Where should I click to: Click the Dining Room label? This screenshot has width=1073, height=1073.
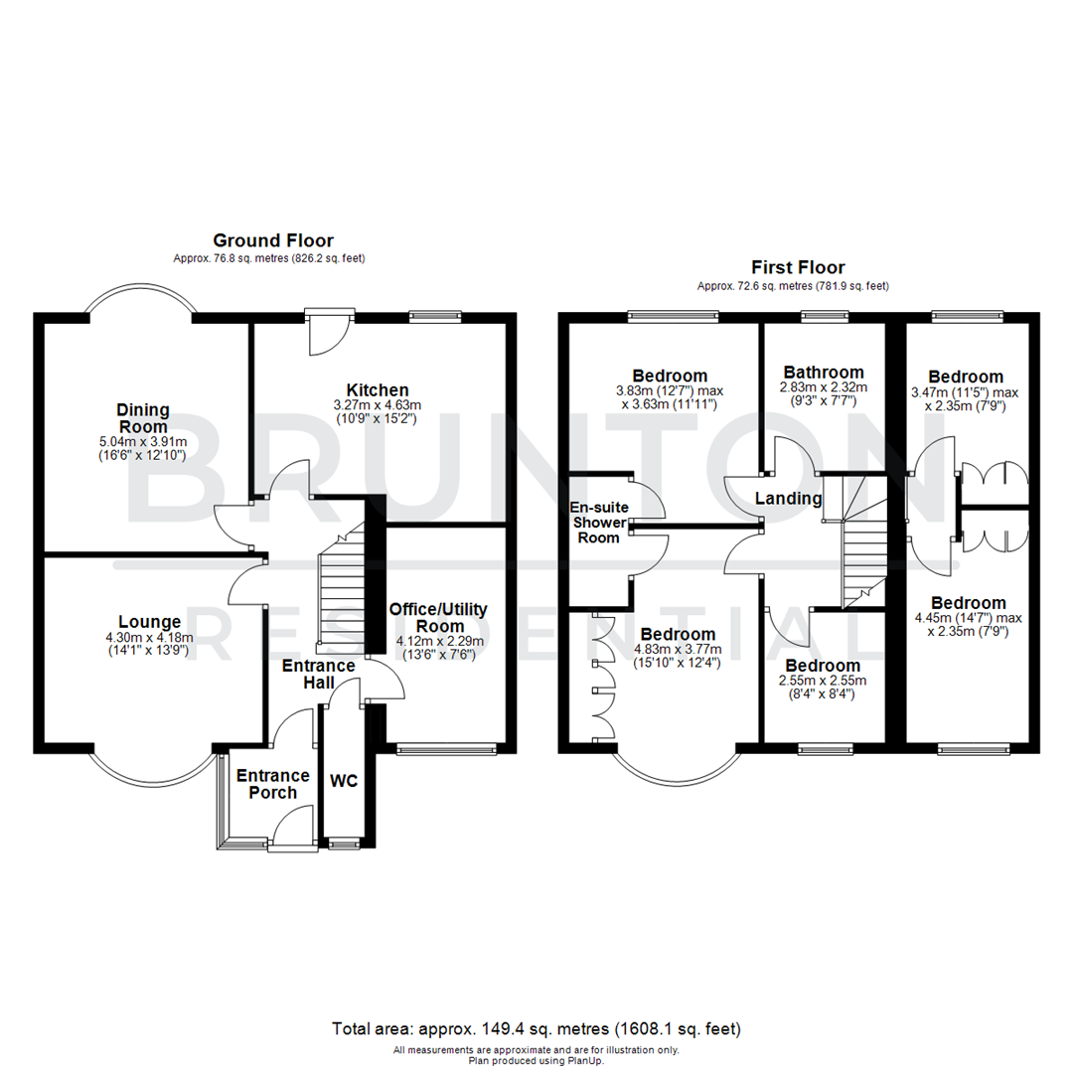pos(143,418)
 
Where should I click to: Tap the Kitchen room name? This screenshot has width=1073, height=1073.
pos(378,389)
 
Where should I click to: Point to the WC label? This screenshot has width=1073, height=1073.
pos(344,782)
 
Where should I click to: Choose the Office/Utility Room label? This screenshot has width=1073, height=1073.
pos(439,618)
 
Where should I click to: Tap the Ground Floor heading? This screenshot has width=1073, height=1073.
pos(273,240)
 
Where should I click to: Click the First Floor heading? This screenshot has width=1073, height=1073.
pos(799,267)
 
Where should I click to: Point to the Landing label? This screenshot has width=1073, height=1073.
pos(788,499)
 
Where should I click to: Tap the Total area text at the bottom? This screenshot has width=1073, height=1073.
pos(536,1028)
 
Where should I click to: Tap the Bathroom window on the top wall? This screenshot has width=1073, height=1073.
pos(825,317)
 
